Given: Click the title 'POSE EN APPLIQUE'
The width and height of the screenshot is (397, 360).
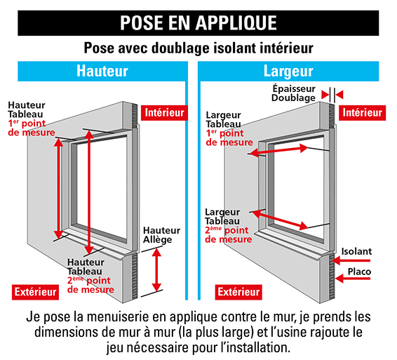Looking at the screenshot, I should click(198, 22).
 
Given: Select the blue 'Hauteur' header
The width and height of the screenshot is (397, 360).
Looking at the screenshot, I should click(102, 72).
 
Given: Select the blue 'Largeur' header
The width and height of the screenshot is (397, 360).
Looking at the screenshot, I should click(288, 72).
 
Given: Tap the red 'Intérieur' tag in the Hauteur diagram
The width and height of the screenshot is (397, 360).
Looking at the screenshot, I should click(164, 112).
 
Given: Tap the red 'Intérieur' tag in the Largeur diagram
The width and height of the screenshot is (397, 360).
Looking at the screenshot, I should click(363, 112).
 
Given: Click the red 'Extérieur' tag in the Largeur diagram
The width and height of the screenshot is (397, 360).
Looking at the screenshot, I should click(238, 291).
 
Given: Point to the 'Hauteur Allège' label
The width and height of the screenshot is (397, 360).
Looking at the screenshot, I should click(161, 235).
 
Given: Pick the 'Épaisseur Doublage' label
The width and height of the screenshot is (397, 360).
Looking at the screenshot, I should click(293, 93).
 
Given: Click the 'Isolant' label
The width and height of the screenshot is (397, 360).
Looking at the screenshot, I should click(357, 251).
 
